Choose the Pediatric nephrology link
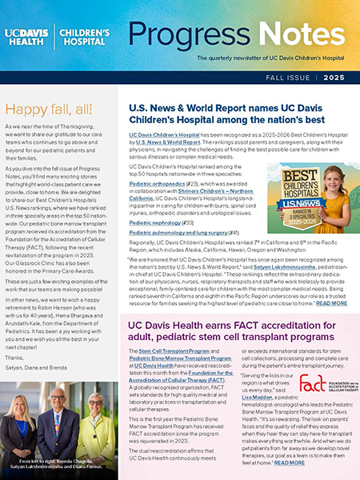click(x=152, y=222)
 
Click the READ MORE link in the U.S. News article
click(x=332, y=303)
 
